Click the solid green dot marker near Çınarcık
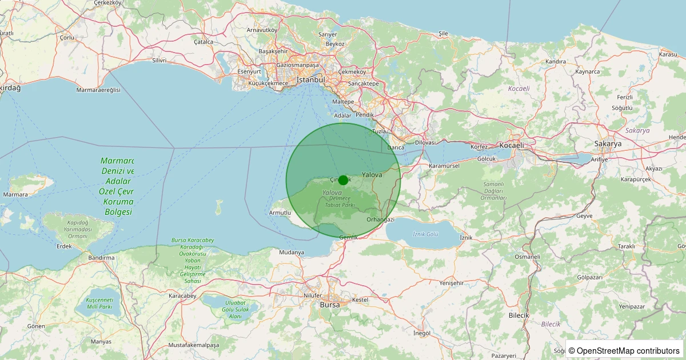pos(343,180)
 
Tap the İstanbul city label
pos(311,80)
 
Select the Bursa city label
pos(330,305)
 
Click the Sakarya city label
pos(608,144)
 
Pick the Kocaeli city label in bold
pos(511,145)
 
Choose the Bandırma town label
pos(102,258)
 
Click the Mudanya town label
pos(292,252)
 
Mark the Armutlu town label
pos(280,213)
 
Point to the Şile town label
pos(443,33)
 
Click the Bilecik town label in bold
pos(519,315)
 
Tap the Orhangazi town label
pos(381,219)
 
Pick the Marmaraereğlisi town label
pos(99,90)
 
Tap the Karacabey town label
pos(182,296)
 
